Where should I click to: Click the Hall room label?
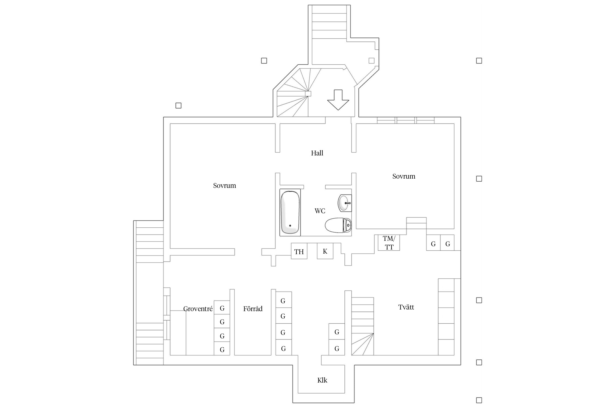point(317,153)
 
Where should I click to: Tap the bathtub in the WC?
point(290,212)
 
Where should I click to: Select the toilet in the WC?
point(338,225)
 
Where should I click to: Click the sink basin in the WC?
point(345,203)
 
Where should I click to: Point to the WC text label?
point(320,211)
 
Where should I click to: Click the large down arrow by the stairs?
point(338,100)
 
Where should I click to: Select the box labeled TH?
point(299,251)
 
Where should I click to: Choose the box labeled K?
point(325,251)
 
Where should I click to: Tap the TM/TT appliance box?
point(389,243)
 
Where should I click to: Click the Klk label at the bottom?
point(322,380)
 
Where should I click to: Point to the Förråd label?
point(253,309)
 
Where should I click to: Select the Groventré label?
point(198,309)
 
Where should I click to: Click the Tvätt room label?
point(406,307)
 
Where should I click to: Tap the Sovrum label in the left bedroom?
point(224,185)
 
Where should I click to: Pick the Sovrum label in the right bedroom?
point(404,176)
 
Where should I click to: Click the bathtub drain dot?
point(290,226)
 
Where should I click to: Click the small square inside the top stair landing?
point(372,61)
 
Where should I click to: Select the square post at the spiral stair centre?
point(308,94)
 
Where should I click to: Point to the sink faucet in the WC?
point(347,203)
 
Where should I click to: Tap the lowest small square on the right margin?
point(479,400)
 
